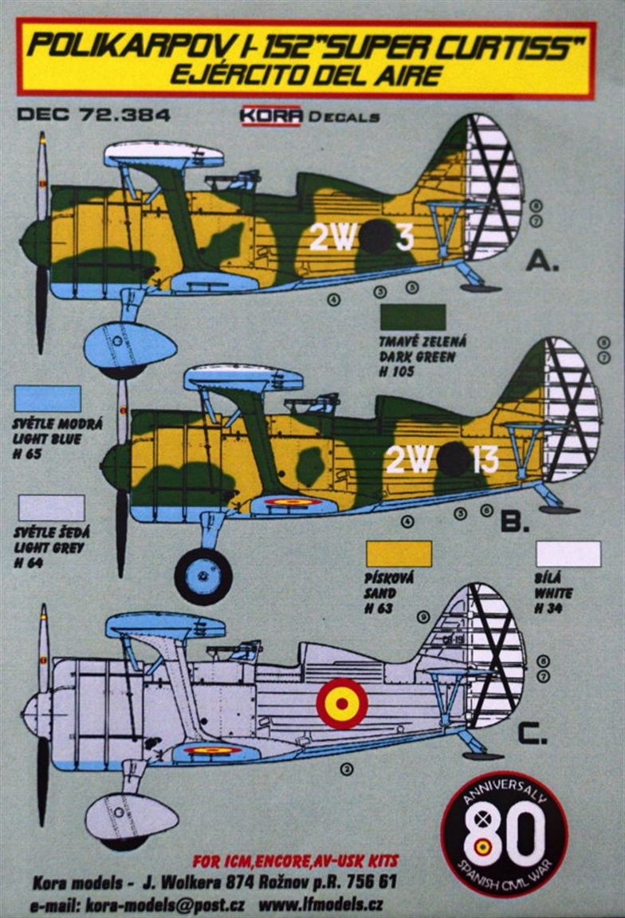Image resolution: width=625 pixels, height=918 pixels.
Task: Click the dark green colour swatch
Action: tap(413, 317)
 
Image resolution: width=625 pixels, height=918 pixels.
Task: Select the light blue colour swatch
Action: tap(47, 399)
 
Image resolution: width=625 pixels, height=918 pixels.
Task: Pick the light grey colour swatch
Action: tap(50, 507)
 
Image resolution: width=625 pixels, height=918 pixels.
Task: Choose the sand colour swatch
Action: tap(398, 554)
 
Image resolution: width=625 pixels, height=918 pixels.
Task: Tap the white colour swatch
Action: tap(568, 554)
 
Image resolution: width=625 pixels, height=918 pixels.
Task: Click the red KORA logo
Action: tap(270, 116)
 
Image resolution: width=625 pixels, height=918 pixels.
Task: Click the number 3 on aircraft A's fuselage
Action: tap(404, 237)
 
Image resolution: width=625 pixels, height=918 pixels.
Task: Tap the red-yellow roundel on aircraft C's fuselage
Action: tap(342, 703)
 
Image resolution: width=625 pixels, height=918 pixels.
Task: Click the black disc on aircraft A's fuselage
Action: tap(375, 236)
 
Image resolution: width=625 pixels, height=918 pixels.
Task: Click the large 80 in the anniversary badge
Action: tap(504, 833)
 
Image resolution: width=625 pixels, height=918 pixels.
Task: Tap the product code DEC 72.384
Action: tap(93, 115)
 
